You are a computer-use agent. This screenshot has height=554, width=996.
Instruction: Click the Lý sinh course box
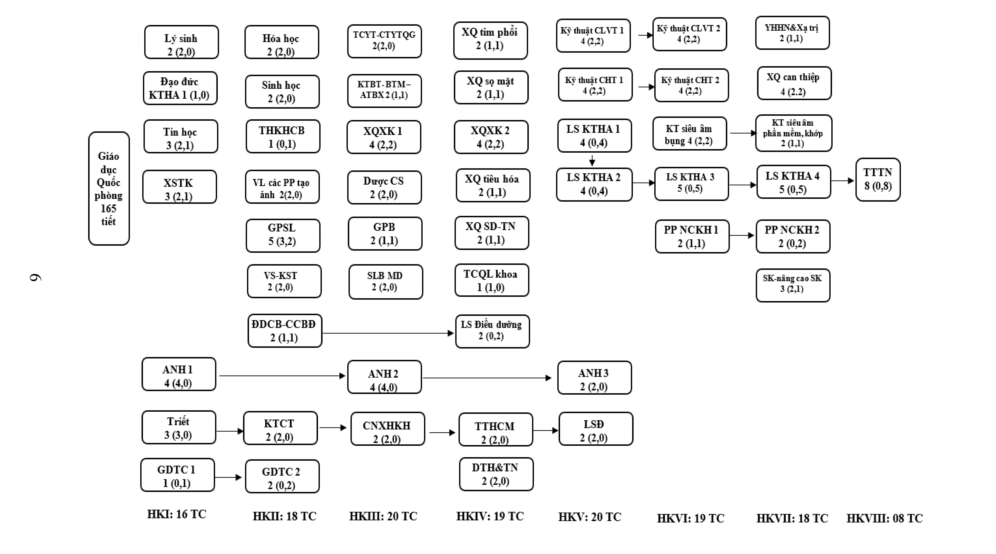click(181, 42)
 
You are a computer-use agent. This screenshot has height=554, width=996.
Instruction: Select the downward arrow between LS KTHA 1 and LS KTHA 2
click(592, 160)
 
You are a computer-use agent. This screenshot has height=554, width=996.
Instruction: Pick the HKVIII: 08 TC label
click(885, 518)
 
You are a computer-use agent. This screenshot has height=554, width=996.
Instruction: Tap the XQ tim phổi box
click(490, 40)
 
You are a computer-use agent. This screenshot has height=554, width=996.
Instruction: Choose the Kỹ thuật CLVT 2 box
click(689, 34)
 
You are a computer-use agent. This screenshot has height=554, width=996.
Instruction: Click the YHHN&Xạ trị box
click(792, 33)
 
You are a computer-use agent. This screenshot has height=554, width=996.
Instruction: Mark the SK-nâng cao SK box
click(793, 285)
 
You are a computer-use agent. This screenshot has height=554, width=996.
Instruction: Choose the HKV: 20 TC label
click(590, 517)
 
